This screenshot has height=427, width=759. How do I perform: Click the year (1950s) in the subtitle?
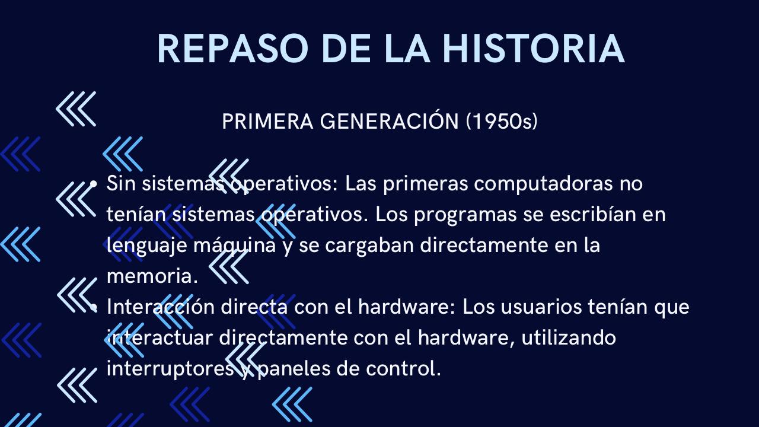(x=502, y=122)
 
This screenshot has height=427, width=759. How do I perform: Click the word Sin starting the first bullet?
(x=121, y=183)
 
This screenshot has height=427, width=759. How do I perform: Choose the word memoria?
(x=152, y=276)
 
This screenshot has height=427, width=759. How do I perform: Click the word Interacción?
(x=160, y=307)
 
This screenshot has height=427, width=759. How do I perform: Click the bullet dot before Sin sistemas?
(x=93, y=184)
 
